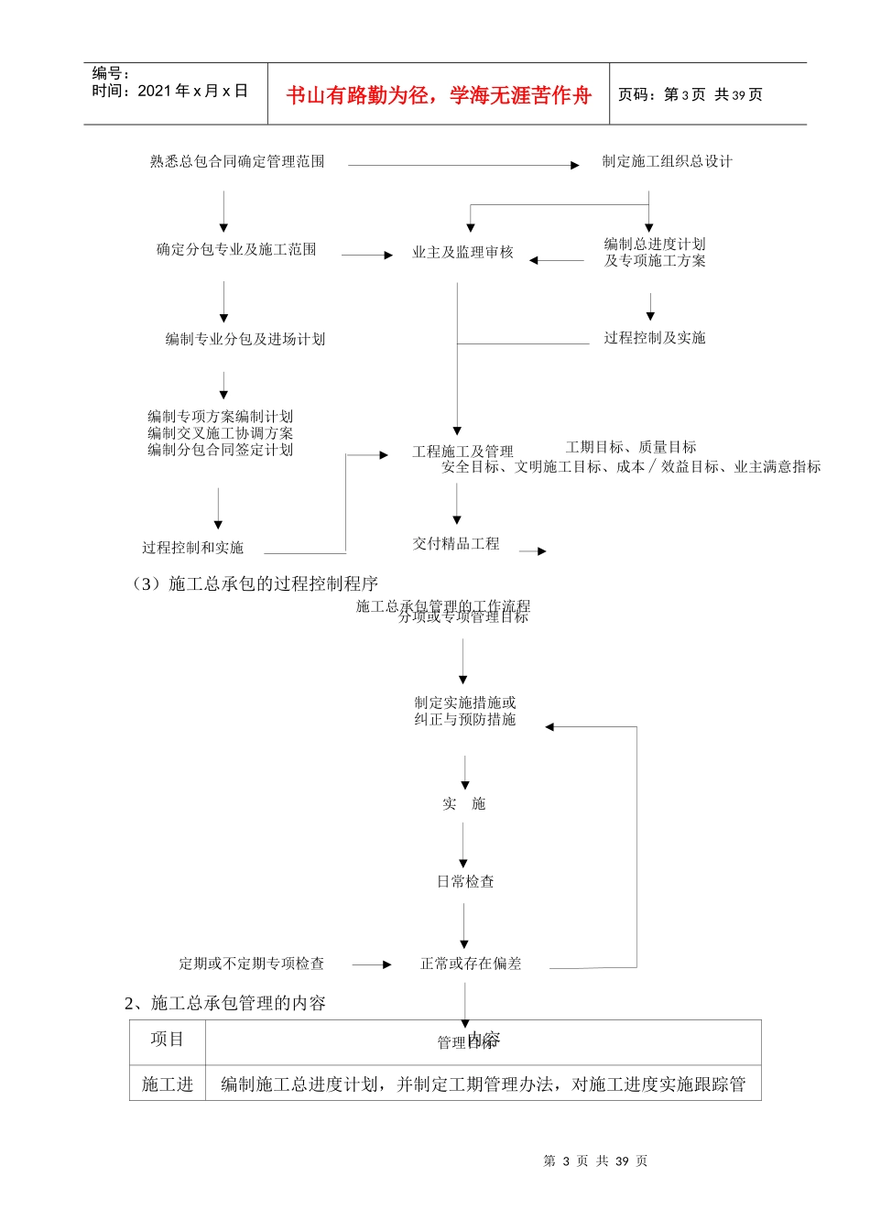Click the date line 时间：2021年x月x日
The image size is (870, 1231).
[x=170, y=91]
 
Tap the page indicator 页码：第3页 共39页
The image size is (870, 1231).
[x=691, y=94]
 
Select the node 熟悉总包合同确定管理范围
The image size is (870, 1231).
[x=237, y=161]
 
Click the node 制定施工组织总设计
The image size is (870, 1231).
[x=667, y=161]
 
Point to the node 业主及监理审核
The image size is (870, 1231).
[x=462, y=252]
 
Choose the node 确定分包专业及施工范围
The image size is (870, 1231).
[x=236, y=249]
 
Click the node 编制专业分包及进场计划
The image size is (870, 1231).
[x=245, y=339]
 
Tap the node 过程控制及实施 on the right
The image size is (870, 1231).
[x=654, y=338]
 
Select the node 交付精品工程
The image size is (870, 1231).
[x=456, y=543]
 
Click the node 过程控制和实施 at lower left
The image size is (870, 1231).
[x=192, y=548]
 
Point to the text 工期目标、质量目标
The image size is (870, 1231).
[x=631, y=447]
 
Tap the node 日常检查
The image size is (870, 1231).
[x=465, y=881]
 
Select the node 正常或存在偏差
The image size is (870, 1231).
[x=471, y=964]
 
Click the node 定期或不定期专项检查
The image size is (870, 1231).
[x=251, y=964]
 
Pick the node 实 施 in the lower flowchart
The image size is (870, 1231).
[x=463, y=803]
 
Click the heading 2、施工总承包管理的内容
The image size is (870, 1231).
[x=225, y=1003]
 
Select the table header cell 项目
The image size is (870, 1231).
[x=168, y=1040]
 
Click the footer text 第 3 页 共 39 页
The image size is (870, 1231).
[x=595, y=1160]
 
